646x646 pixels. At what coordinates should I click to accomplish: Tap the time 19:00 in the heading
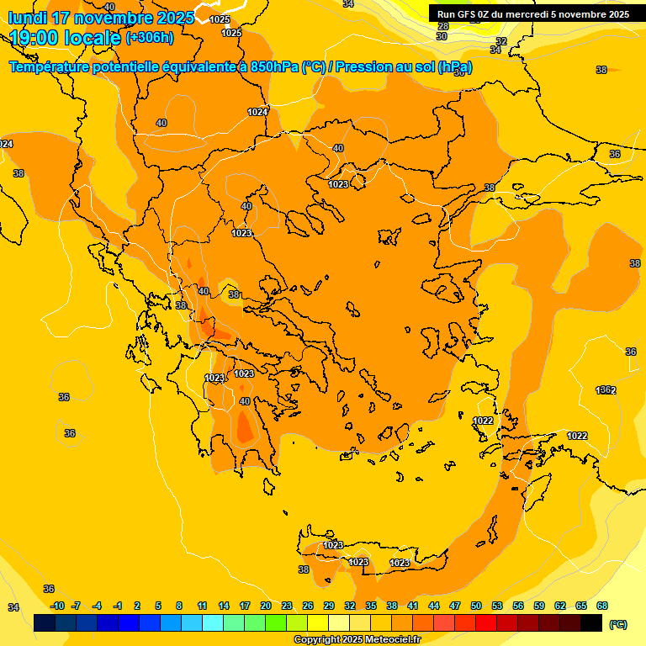[34, 38]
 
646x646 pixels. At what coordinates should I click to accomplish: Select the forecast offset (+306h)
[150, 38]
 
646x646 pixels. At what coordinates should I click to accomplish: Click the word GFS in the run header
[467, 14]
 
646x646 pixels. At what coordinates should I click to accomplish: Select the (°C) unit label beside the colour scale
[617, 624]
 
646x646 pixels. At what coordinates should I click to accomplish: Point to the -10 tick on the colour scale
[57, 606]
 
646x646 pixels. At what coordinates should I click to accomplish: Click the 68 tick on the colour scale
[602, 606]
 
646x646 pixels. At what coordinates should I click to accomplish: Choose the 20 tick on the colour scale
[265, 606]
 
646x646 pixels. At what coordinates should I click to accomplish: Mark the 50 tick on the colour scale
[476, 606]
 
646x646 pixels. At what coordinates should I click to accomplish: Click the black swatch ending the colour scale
[591, 623]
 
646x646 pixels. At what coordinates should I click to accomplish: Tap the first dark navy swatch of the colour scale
[45, 623]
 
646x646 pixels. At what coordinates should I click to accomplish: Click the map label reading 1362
[606, 390]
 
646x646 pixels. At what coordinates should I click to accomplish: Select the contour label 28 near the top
[443, 27]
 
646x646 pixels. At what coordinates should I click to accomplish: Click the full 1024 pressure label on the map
[257, 112]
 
